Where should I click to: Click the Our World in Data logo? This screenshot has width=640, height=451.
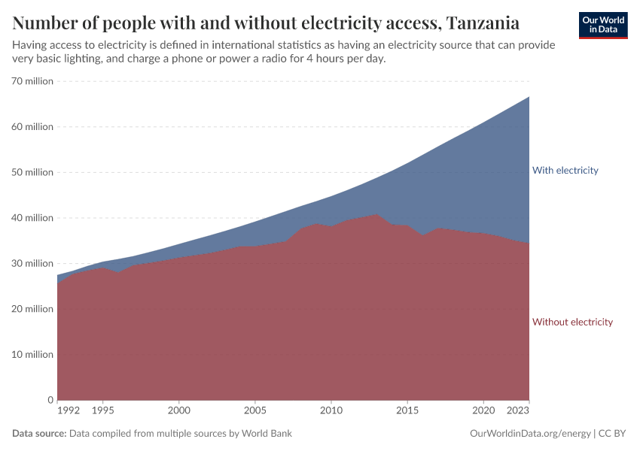point(602,25)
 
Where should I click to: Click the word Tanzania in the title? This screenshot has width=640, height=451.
point(482,22)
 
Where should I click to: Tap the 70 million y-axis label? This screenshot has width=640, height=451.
point(32,81)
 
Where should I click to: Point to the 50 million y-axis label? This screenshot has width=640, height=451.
point(32,172)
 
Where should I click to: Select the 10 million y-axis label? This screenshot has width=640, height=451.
point(32,354)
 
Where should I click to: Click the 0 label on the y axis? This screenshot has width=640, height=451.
point(50,400)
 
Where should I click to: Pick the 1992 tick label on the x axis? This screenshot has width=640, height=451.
point(68,411)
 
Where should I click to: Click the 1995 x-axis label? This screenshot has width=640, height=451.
point(102,411)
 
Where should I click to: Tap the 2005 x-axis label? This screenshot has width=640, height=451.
point(255,411)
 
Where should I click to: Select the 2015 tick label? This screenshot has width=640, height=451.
point(407,411)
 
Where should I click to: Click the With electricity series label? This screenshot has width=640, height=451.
point(565,171)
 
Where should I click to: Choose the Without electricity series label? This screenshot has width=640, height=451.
point(572,322)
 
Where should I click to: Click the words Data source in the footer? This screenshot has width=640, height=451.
point(39,434)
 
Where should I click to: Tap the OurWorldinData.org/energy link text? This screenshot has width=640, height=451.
point(529,434)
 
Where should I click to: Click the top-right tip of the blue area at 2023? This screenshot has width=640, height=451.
point(529,97)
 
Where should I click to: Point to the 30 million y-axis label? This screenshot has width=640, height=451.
point(32,263)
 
